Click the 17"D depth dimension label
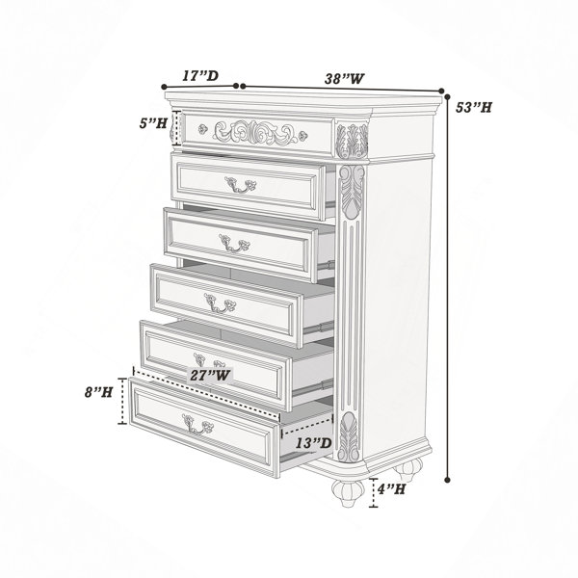click(x=201, y=75)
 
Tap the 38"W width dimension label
click(x=344, y=79)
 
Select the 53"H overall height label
click(x=474, y=108)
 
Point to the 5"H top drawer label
click(x=153, y=123)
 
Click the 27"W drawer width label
click(x=210, y=376)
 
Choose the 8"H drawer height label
click(x=98, y=392)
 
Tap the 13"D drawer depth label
click(x=314, y=443)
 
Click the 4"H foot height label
click(x=391, y=489)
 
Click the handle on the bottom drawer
click(x=197, y=424)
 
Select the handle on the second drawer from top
click(x=240, y=185)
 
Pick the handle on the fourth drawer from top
click(x=220, y=303)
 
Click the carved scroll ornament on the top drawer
click(x=255, y=132)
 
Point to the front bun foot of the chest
click(x=348, y=492)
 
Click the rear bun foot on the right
click(x=408, y=469)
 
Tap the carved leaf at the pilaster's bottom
click(x=349, y=436)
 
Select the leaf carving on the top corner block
click(x=353, y=142)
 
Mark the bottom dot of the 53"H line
click(x=448, y=480)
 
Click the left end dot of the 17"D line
click(x=164, y=87)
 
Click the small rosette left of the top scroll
click(x=202, y=129)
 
